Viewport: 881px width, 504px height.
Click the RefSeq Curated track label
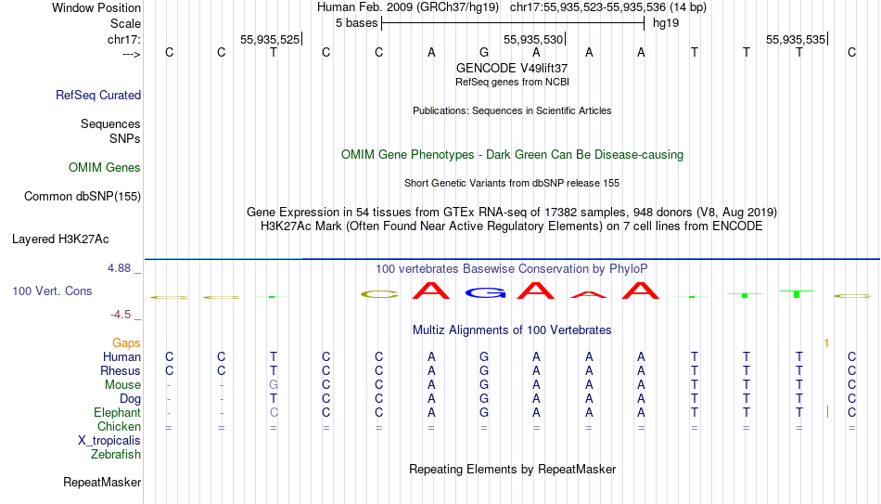click(x=98, y=95)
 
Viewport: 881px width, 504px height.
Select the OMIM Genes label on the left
click(x=105, y=168)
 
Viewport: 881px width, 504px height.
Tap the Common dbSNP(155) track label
click(x=83, y=197)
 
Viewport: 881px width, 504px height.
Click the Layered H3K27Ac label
click(x=60, y=239)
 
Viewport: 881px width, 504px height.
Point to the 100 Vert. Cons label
click(x=52, y=291)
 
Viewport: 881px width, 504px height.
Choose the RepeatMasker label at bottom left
click(x=102, y=482)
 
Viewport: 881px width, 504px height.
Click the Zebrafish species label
click(x=116, y=454)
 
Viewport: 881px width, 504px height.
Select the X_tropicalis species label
click(x=109, y=441)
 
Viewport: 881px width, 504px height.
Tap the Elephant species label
click(x=117, y=412)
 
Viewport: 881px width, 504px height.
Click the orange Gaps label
click(x=126, y=342)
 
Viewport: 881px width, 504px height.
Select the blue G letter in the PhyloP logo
click(x=484, y=292)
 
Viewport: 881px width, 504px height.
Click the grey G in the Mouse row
click(x=274, y=385)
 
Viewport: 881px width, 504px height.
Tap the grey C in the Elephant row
click(x=274, y=412)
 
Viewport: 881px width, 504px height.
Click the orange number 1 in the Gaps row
click(x=826, y=342)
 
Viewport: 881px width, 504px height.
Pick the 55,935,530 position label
click(x=533, y=39)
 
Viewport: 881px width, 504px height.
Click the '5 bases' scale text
click(x=357, y=23)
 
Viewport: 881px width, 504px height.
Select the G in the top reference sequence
click(x=484, y=52)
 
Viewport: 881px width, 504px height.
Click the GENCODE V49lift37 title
click(x=512, y=68)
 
